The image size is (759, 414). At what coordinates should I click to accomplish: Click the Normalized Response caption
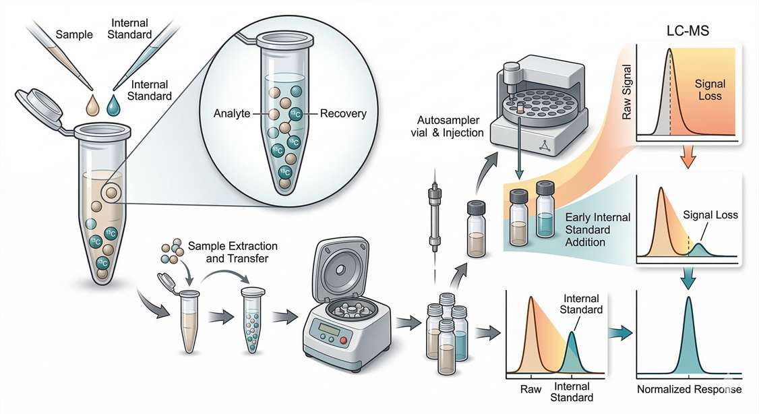[689, 390]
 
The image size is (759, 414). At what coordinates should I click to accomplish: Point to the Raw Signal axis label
[627, 97]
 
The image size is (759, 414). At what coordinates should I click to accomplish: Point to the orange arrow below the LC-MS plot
[688, 159]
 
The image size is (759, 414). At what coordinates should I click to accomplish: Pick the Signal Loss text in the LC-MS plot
[710, 90]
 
